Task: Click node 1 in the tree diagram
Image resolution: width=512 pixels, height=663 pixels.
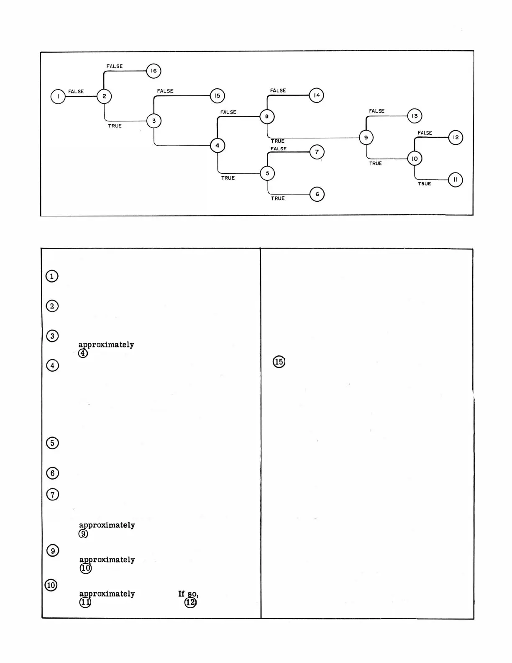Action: coord(58,97)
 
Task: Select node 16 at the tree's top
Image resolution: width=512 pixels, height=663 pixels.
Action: coord(154,71)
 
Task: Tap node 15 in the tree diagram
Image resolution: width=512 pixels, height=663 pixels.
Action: coord(217,96)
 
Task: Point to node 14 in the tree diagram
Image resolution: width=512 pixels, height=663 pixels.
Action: coord(316,95)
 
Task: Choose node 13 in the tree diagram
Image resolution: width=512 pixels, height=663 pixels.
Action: coord(415,116)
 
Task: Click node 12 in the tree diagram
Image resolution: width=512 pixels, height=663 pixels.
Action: coord(456,137)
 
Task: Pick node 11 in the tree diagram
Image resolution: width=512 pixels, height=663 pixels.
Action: coord(456,180)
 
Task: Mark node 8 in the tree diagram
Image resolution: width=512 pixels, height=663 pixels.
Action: coord(267,116)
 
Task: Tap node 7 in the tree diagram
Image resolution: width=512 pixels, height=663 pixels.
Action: coord(317,152)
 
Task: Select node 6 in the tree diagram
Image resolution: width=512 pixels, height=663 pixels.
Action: coord(317,194)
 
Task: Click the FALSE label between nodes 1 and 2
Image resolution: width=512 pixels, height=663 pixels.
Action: coord(76,91)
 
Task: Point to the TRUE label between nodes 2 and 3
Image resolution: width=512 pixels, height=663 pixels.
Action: coord(115,126)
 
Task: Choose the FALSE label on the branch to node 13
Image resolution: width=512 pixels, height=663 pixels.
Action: coord(376,111)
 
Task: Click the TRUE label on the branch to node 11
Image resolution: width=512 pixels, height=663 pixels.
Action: coord(424,184)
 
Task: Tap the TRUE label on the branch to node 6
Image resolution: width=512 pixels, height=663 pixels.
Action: coord(278,198)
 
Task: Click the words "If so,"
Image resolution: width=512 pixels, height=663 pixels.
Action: coord(188,594)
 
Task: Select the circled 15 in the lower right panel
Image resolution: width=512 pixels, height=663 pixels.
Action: coord(279,362)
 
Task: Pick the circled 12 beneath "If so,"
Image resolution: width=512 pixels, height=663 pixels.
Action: coord(190,602)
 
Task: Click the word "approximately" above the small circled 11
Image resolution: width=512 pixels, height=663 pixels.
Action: coord(107,594)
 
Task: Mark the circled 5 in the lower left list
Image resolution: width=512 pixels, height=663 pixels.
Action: coord(52,443)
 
